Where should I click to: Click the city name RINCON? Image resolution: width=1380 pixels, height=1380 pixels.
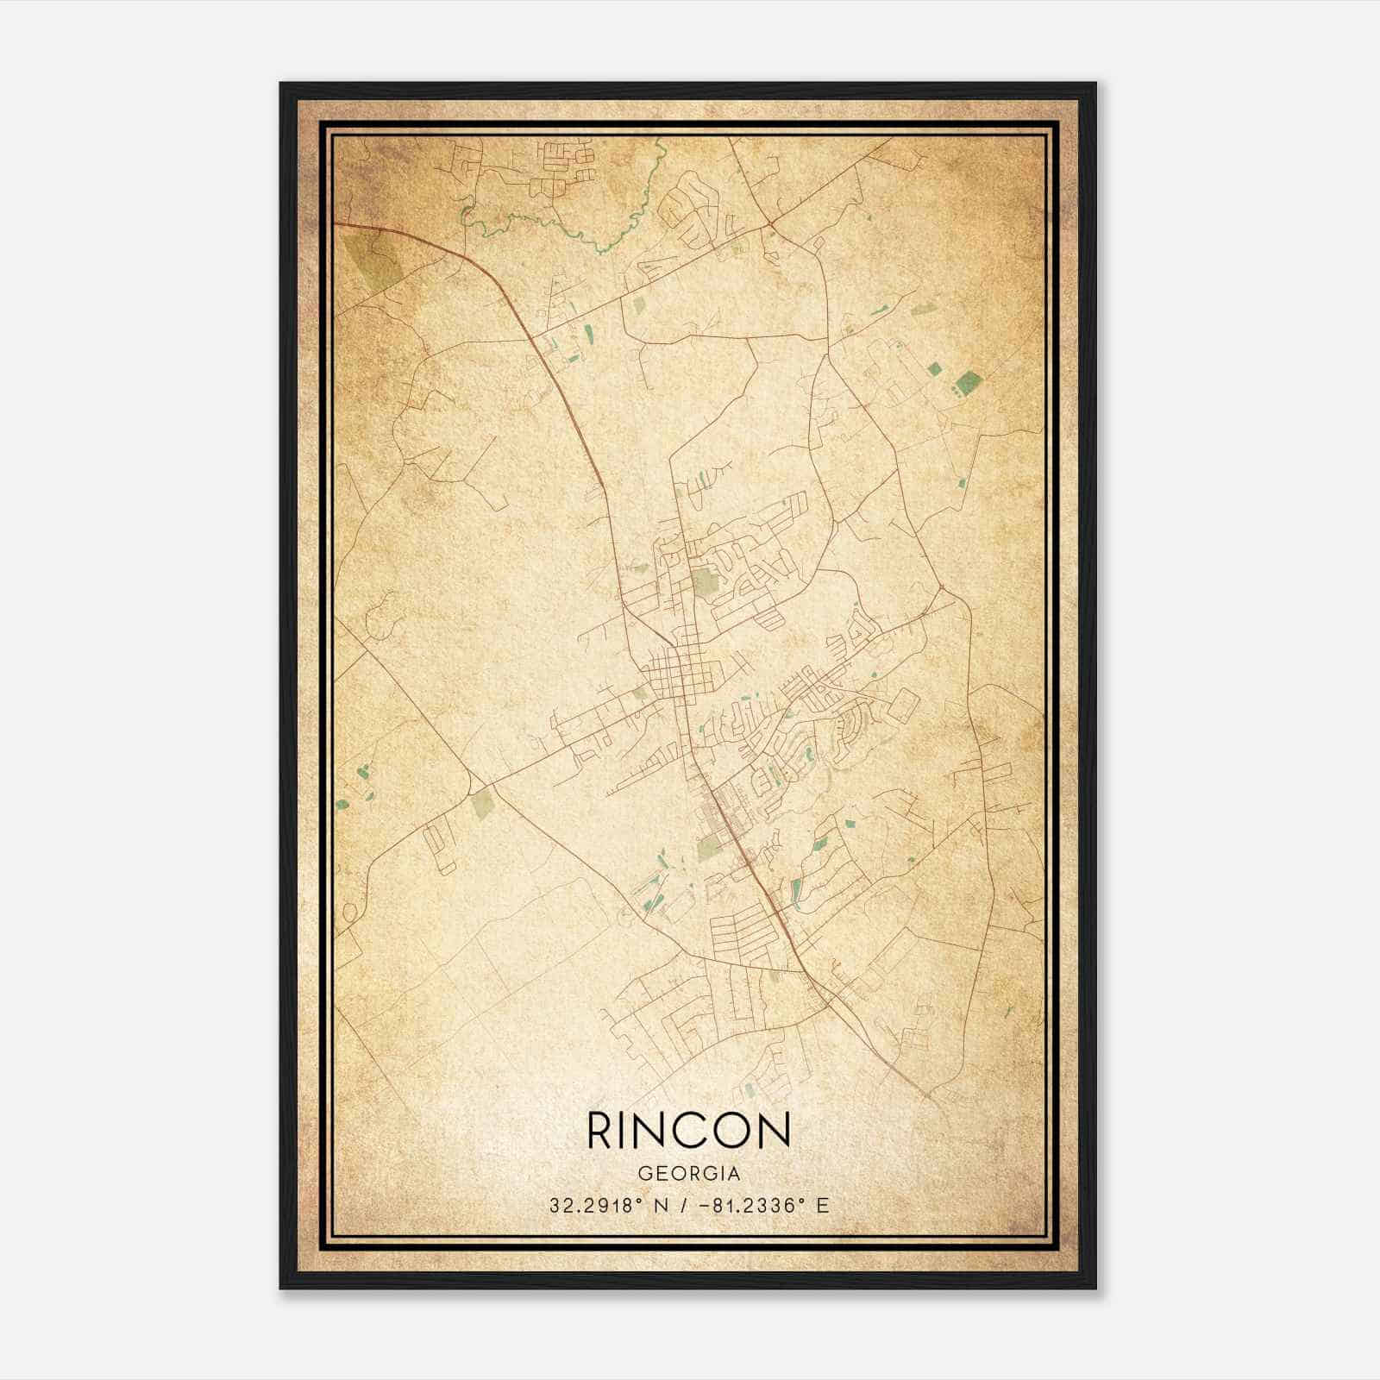[x=688, y=1130]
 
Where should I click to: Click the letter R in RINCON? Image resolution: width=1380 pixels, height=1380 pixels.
[x=600, y=1130]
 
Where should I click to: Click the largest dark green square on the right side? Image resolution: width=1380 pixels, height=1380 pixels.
[x=968, y=380]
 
